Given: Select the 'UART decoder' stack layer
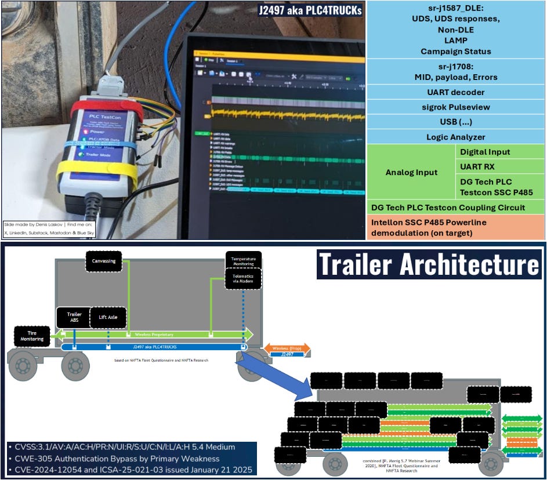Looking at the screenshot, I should (x=456, y=92).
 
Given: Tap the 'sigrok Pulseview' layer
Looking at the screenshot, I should (x=456, y=107).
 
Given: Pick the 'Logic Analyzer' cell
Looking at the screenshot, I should (x=456, y=137).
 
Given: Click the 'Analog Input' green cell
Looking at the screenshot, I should (x=411, y=172).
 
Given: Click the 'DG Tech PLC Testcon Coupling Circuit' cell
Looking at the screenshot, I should (x=456, y=208).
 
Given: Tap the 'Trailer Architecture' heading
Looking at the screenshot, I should (x=429, y=265).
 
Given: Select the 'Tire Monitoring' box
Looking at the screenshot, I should (x=32, y=337).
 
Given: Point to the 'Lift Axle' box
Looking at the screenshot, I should (x=108, y=317).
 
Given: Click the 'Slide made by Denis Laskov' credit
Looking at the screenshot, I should (x=49, y=228).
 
